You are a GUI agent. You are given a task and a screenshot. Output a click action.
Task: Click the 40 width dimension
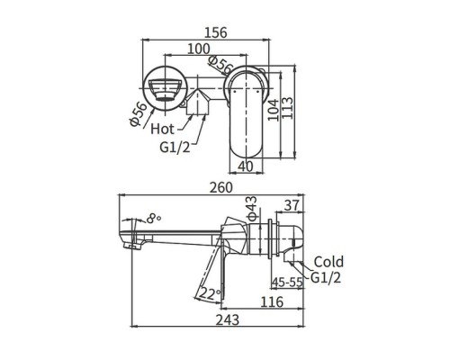click(245, 166)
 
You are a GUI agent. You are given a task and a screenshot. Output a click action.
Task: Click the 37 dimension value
click(291, 205)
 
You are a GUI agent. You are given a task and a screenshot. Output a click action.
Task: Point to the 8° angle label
click(155, 217)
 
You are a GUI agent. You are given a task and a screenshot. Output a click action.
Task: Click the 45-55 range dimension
click(289, 281)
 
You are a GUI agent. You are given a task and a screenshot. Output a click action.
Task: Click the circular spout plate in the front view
click(165, 90)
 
